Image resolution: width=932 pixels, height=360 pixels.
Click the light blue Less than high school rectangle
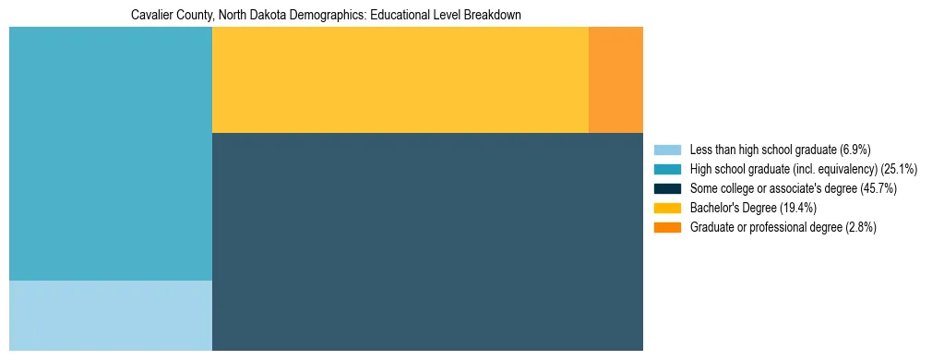(111, 315)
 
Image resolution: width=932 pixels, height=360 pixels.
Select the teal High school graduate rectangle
(111, 153)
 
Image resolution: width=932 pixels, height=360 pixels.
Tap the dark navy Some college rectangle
(427, 241)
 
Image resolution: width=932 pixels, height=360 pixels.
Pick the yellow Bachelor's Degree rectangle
(400, 79)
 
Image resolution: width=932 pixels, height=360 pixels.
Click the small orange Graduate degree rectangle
(615, 79)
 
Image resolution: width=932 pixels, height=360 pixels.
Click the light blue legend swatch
(667, 150)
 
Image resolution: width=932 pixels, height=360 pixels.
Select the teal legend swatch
(667, 169)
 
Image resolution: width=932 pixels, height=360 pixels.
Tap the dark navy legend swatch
(667, 188)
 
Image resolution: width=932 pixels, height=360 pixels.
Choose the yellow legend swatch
(667, 208)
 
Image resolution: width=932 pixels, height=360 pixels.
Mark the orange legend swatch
(667, 227)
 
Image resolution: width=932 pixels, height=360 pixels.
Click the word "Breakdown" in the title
(495, 16)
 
